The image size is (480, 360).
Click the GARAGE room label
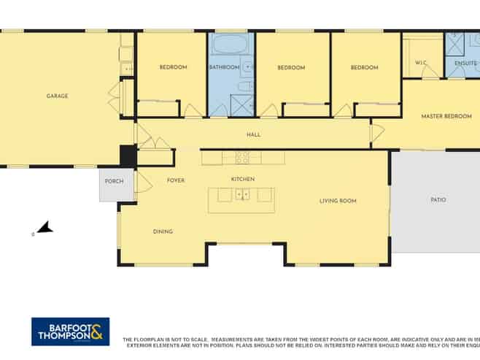click(57, 96)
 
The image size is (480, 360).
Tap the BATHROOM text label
click(224, 67)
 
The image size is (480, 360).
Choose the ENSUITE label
click(465, 63)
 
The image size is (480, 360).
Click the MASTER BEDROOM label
click(446, 116)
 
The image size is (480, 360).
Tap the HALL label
click(253, 134)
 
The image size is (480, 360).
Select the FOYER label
click(175, 180)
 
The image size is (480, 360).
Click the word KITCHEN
click(242, 179)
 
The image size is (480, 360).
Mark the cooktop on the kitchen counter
click(242, 157)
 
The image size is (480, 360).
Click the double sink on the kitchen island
click(241, 194)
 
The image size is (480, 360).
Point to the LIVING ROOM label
click(338, 200)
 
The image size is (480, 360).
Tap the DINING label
click(163, 231)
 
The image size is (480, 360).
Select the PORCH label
click(114, 181)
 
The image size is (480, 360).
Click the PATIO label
click(438, 199)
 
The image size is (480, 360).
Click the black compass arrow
click(45, 228)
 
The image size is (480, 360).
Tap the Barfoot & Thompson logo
click(70, 332)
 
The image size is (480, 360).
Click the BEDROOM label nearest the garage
click(173, 67)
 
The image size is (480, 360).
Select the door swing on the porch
click(143, 182)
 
